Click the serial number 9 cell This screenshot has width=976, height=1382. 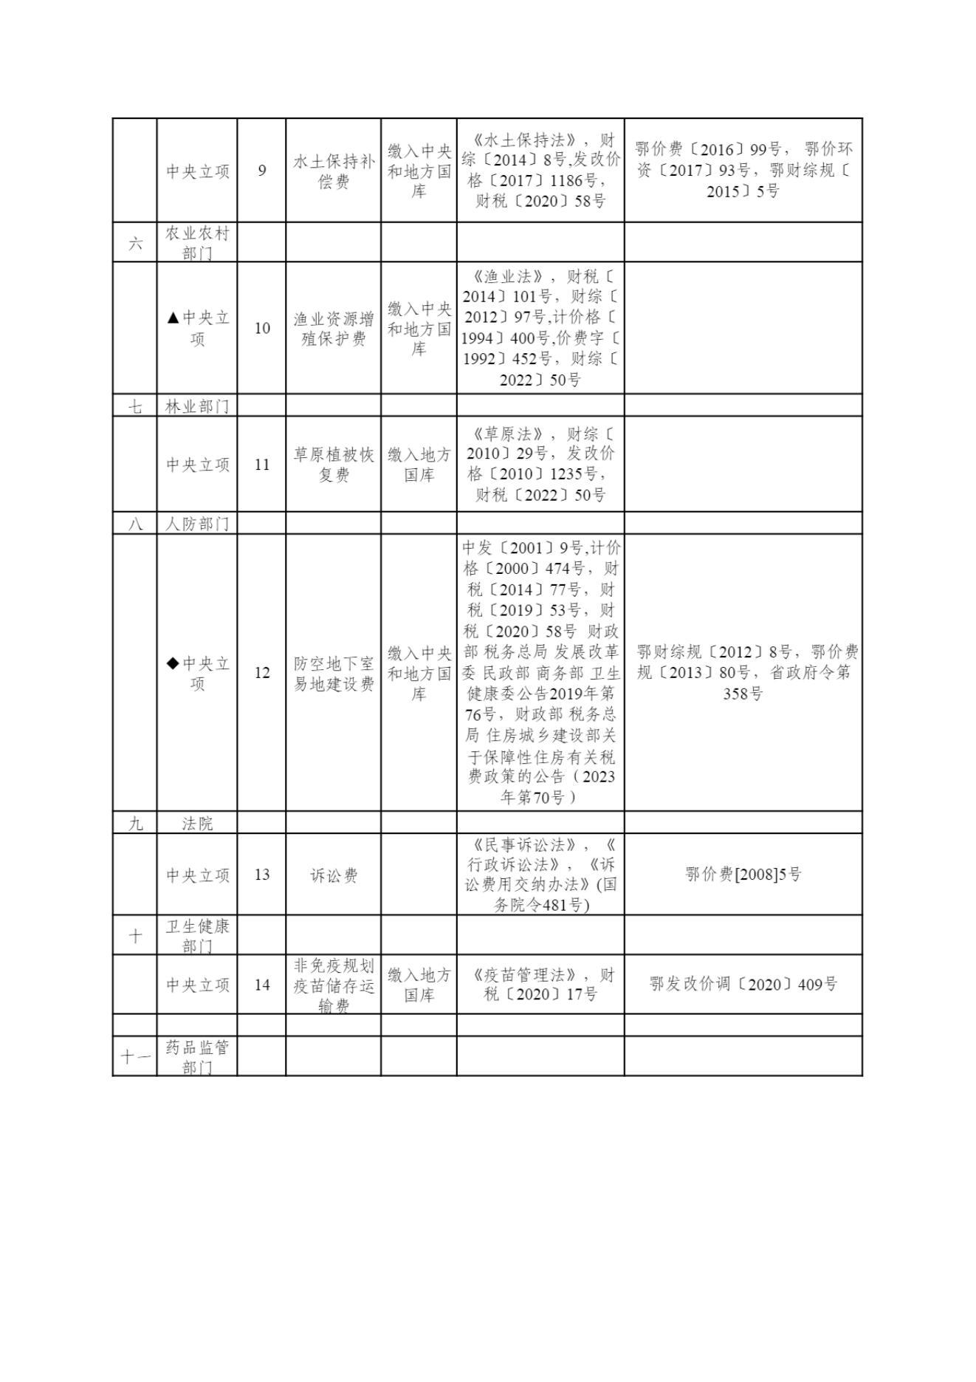(262, 171)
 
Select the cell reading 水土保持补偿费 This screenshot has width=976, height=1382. (334, 171)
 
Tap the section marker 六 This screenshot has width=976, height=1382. (135, 243)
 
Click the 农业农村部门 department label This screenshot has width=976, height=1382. (197, 243)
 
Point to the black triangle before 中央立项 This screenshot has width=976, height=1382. (173, 318)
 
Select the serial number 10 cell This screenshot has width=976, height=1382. (262, 328)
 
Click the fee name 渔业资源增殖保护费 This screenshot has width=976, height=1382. (334, 329)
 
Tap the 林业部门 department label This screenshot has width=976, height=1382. (197, 406)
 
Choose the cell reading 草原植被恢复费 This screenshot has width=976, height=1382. (334, 465)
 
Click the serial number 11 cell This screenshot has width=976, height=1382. (262, 465)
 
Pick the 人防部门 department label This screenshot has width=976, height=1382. (197, 524)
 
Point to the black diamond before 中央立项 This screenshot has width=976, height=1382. (173, 663)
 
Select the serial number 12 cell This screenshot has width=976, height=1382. (262, 673)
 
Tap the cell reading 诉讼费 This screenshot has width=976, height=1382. (334, 875)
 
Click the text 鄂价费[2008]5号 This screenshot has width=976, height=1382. (743, 875)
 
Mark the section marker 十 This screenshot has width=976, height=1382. (135, 936)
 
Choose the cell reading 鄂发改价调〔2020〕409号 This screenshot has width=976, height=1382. (743, 985)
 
